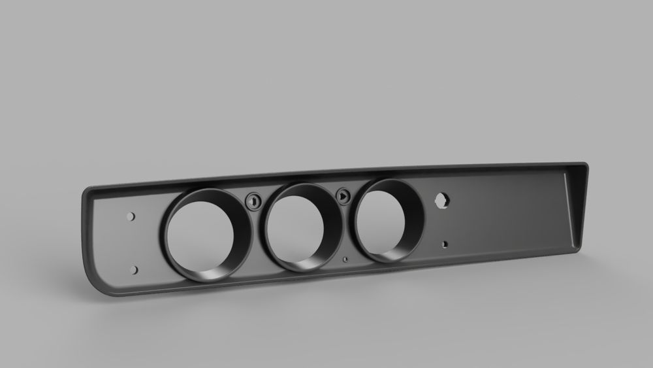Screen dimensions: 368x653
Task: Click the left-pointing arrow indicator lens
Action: (253, 201)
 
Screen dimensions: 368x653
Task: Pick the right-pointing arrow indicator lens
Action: (343, 195)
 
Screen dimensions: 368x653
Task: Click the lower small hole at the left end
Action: (135, 269)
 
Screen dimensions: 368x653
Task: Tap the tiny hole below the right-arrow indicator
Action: (345, 258)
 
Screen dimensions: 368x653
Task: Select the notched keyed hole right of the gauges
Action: (443, 199)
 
